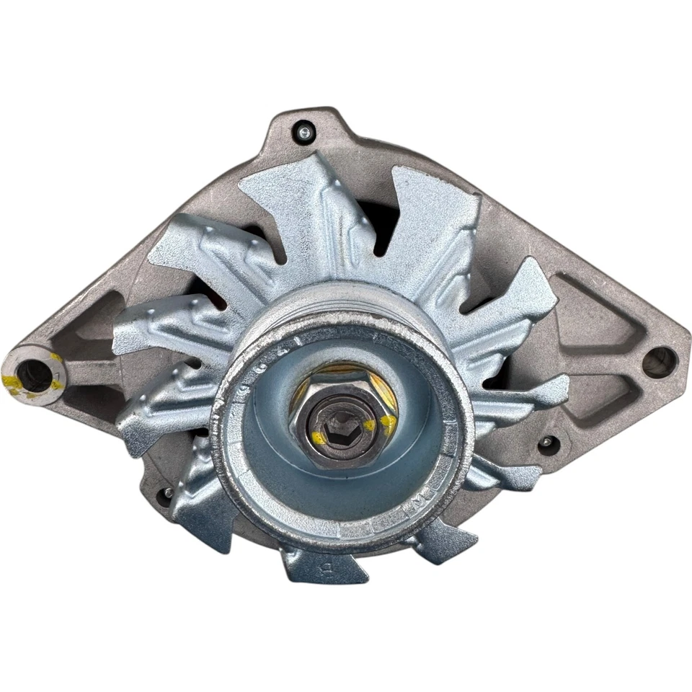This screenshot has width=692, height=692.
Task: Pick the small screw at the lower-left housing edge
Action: pyautogui.click(x=167, y=494)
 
